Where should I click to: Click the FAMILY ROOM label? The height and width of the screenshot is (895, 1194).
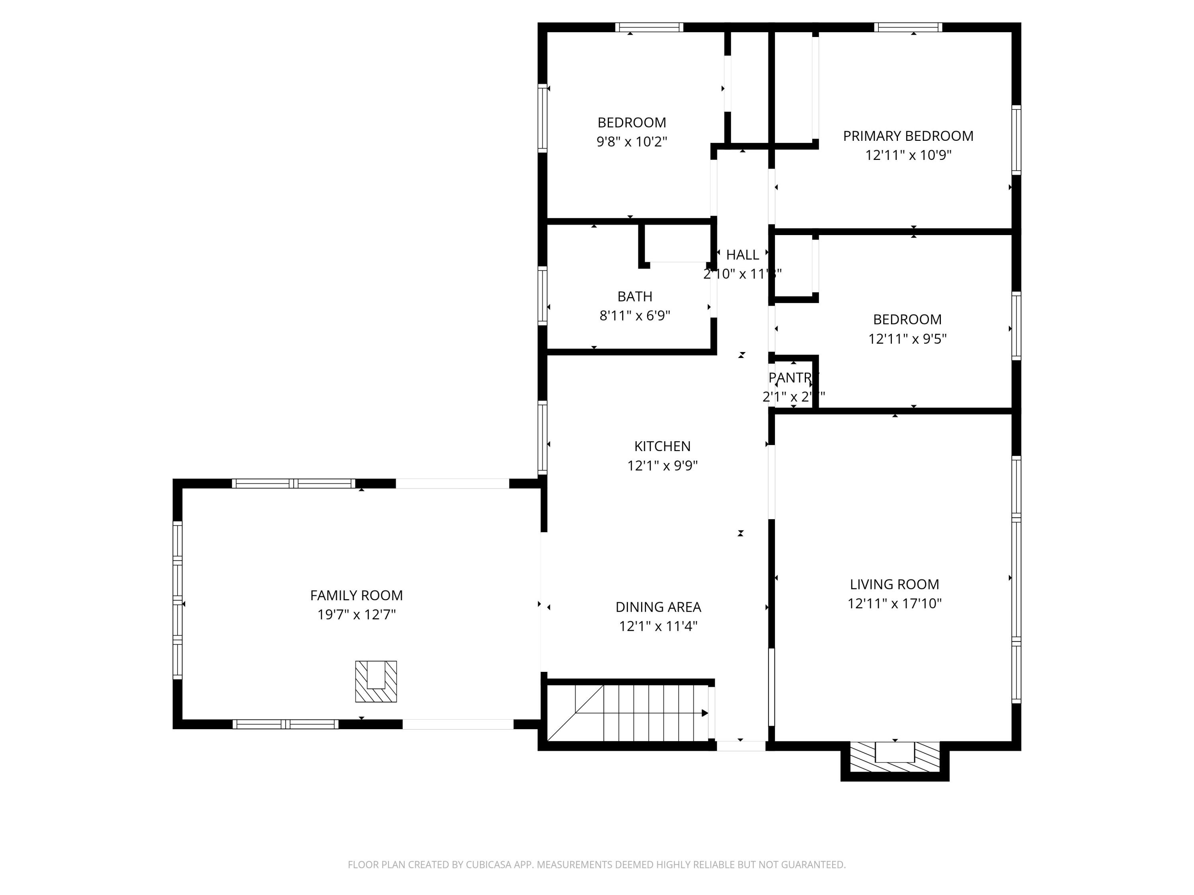356,595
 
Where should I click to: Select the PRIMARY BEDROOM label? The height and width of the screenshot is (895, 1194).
908,136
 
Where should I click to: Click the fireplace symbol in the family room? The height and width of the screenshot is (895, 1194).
376,681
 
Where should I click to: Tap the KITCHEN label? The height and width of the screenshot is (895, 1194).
662,446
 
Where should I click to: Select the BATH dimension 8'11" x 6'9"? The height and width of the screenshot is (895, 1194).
635,315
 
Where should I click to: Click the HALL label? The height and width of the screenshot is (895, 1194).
742,255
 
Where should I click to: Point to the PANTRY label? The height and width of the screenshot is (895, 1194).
793,377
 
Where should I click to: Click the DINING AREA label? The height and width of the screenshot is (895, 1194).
658,607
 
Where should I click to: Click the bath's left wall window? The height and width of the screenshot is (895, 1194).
542,296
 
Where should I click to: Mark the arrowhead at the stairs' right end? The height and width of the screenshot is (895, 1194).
704,713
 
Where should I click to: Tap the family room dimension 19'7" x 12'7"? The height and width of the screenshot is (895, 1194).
356,615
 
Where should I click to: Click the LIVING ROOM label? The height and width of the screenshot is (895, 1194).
894,584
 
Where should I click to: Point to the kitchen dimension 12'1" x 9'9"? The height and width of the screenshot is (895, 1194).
662,465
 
